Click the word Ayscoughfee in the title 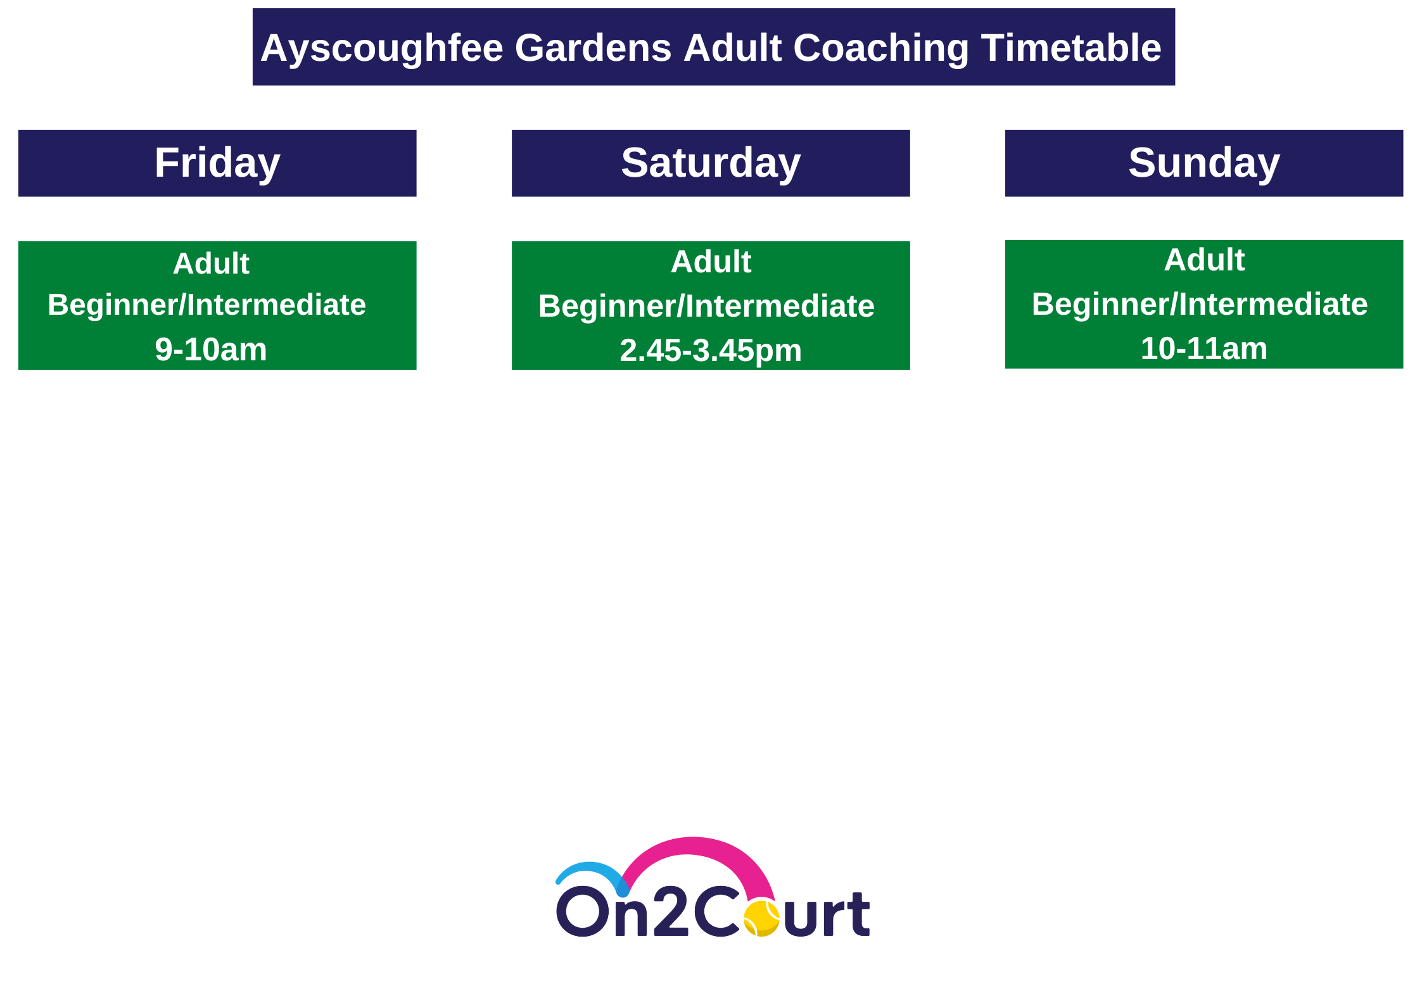(x=382, y=49)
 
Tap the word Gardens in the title (x=593, y=48)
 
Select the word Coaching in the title (x=881, y=49)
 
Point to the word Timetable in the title (x=1071, y=48)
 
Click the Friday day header (x=217, y=163)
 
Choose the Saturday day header (x=711, y=163)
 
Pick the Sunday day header (x=1203, y=163)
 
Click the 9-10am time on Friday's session (x=211, y=350)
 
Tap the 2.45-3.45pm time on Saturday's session (x=711, y=351)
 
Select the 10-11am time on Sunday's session (x=1203, y=348)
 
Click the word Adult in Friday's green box (x=211, y=263)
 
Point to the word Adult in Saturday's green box (x=711, y=262)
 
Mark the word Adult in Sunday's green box (x=1203, y=260)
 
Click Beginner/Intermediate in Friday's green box (x=206, y=305)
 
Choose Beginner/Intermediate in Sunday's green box (x=1200, y=305)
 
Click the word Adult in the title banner (x=733, y=48)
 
